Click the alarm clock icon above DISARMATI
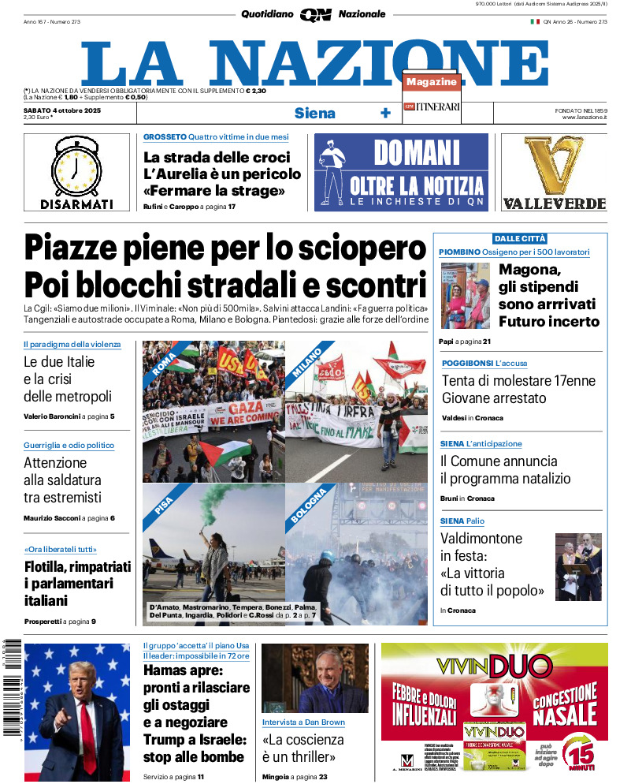point(76,166)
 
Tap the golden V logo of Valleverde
point(554,165)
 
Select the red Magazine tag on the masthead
point(432,82)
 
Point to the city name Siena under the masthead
point(314,113)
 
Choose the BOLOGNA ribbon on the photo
point(308,505)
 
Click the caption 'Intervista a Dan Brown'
point(303,722)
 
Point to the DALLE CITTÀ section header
point(519,238)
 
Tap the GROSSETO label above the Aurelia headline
point(165,137)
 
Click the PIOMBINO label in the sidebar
point(459,252)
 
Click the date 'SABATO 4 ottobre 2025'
point(63,110)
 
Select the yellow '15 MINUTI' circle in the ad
point(582,754)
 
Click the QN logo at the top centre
point(315,14)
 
